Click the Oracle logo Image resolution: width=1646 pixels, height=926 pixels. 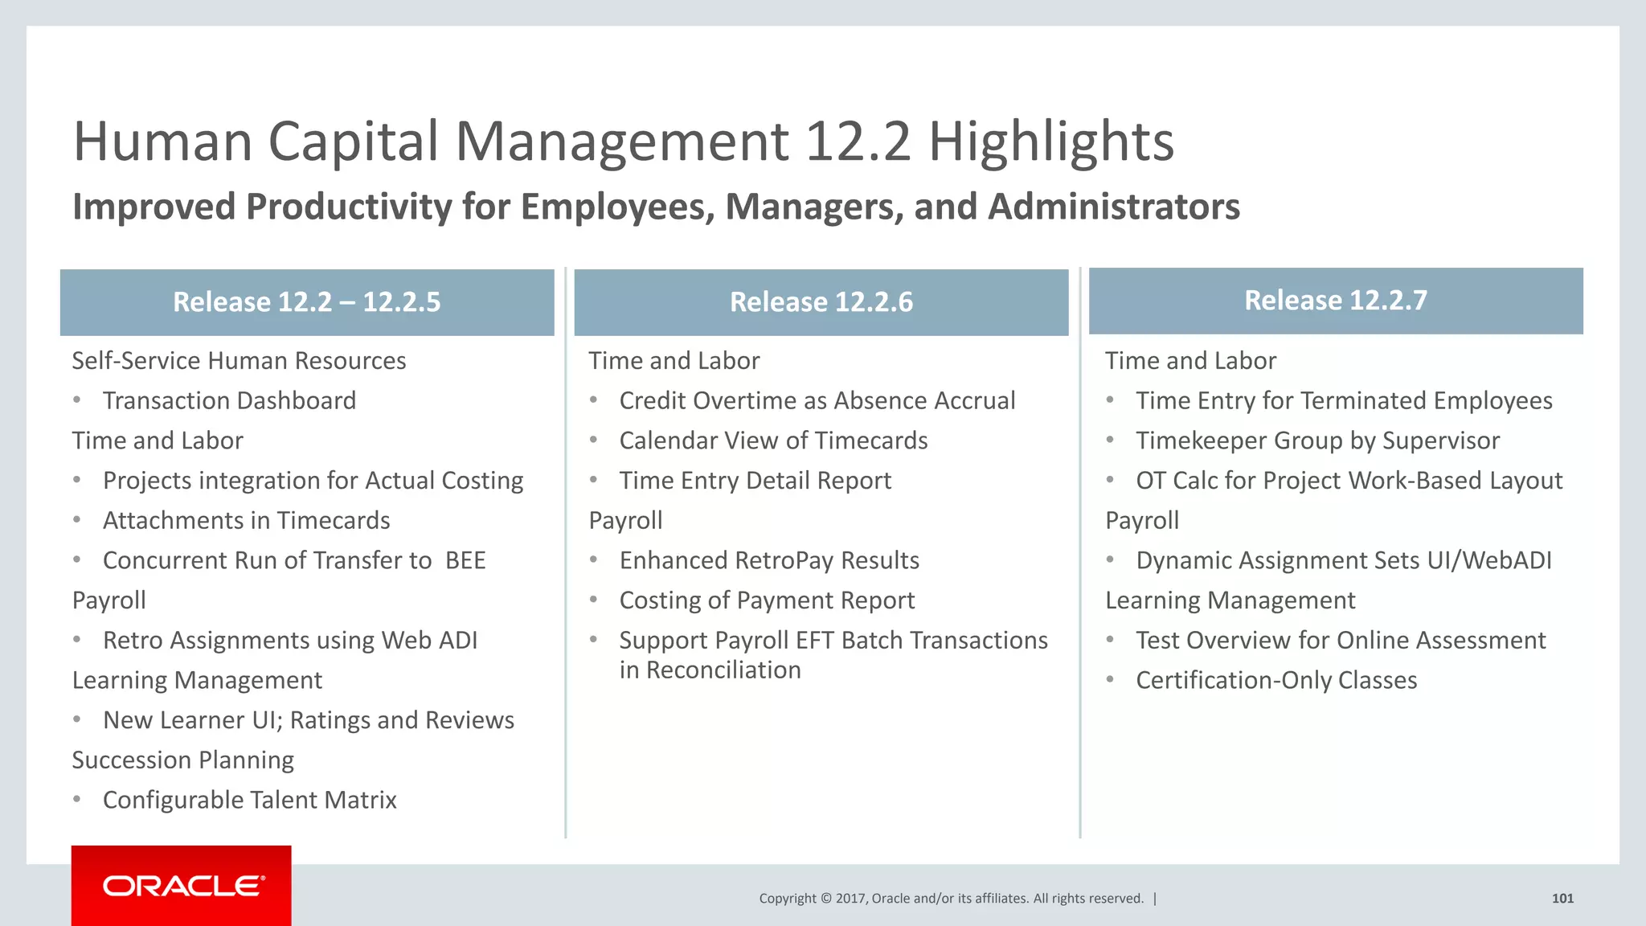(x=182, y=886)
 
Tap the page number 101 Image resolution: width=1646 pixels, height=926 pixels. (x=1562, y=899)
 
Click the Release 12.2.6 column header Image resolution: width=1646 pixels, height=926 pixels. (x=821, y=302)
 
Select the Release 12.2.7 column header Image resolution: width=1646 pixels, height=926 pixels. (x=1335, y=301)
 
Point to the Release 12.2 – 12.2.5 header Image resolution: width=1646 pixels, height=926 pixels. (x=306, y=302)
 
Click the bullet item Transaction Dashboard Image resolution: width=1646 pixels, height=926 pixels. (x=229, y=400)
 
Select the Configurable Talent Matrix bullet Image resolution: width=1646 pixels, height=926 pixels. (x=249, y=800)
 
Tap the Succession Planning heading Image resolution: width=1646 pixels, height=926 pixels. (x=183, y=760)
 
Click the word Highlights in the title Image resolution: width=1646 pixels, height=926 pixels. (x=1051, y=141)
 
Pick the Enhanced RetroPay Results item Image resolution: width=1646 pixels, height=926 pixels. (x=769, y=560)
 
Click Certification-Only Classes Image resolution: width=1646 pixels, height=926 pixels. (x=1276, y=680)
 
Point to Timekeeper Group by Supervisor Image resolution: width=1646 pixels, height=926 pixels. (x=1317, y=440)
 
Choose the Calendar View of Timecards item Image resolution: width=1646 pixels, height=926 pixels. (x=773, y=440)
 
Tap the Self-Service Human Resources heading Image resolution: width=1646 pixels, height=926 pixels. (x=239, y=361)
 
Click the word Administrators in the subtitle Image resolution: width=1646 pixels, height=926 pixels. (x=1114, y=207)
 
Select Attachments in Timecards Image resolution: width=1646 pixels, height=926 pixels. (x=246, y=521)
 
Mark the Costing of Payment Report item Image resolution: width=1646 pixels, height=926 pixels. (x=767, y=600)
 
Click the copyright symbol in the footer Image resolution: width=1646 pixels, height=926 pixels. (x=826, y=899)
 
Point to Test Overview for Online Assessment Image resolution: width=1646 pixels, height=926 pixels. (x=1341, y=641)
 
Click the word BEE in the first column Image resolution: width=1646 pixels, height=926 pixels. (x=465, y=560)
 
